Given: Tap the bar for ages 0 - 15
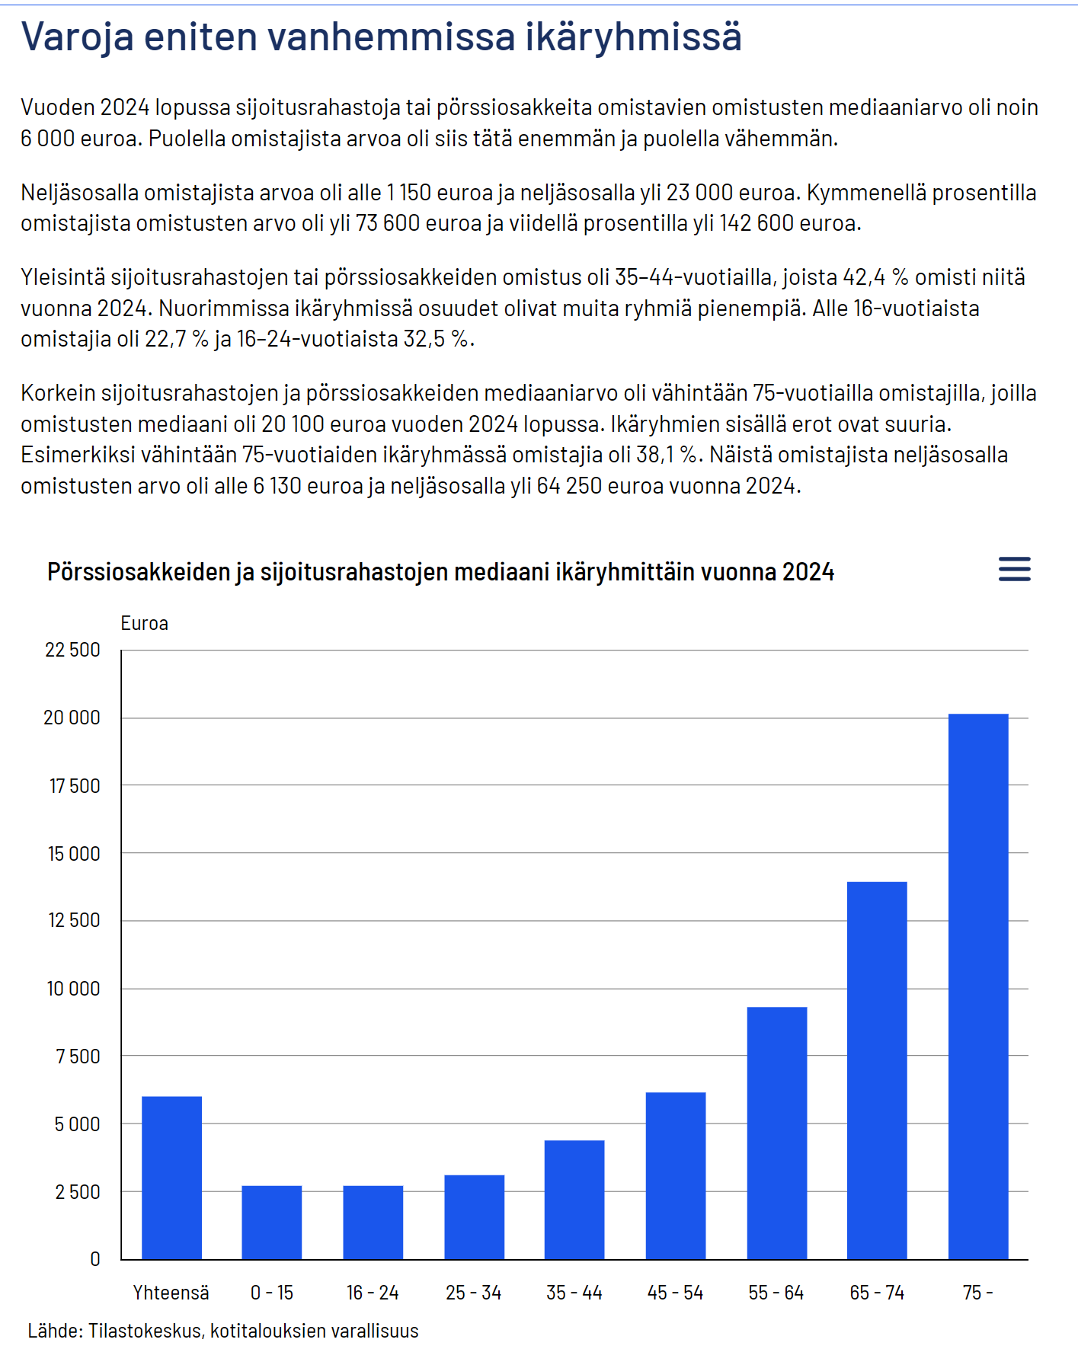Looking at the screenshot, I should (271, 1222).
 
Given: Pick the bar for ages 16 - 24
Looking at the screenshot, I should (373, 1222).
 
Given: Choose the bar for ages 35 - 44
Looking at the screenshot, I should (574, 1199).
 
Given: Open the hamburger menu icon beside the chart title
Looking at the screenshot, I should (1014, 569).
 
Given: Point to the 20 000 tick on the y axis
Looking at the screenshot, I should (72, 718).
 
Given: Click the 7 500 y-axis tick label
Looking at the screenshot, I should (78, 1057).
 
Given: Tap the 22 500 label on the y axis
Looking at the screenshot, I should (72, 650).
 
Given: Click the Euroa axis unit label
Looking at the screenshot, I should (144, 623).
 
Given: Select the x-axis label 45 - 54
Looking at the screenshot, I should (675, 1293).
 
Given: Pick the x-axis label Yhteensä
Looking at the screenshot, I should (171, 1293).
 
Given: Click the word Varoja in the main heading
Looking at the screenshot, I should (77, 37).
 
